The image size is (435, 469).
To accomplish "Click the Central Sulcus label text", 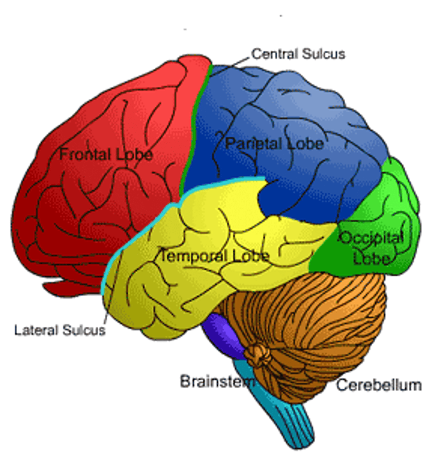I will (x=298, y=54).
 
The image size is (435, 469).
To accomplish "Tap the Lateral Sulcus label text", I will (x=60, y=330).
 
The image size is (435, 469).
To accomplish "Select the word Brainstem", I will (x=217, y=381).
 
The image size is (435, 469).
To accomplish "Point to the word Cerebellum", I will (x=378, y=385).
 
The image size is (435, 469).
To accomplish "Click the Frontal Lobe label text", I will (x=106, y=155).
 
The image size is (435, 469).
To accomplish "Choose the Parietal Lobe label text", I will (x=274, y=144).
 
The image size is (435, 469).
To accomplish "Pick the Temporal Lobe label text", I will (x=214, y=256).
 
